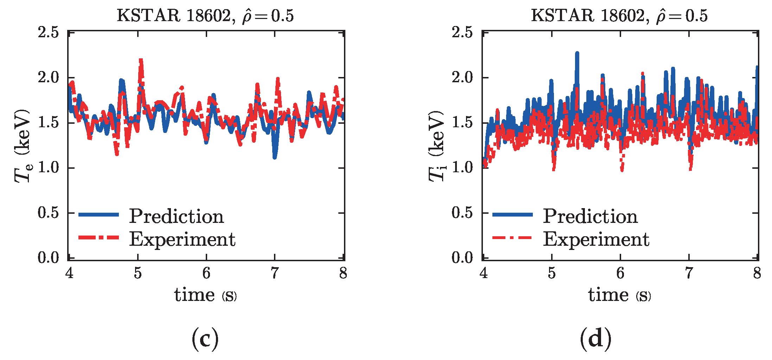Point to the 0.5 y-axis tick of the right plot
point(462,213)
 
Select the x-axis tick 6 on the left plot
point(206,273)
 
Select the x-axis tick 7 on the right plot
point(689,273)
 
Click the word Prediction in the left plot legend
point(176,216)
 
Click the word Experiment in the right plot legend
point(596,239)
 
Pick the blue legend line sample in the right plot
point(512,214)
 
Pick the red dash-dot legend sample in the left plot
point(99,238)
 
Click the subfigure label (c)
point(205,338)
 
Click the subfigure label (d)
point(595,338)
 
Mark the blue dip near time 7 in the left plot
point(275,156)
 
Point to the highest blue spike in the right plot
point(577,54)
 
